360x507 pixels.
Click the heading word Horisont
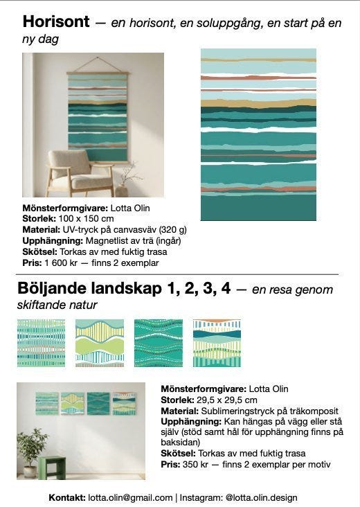56,22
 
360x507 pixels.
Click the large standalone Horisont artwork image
258,134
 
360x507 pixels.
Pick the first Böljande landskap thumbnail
42,343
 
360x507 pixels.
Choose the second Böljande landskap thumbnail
100,343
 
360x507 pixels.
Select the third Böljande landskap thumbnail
159,343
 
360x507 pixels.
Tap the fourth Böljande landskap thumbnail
217,343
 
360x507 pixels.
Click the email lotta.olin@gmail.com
130,497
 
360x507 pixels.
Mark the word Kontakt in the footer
66,497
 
